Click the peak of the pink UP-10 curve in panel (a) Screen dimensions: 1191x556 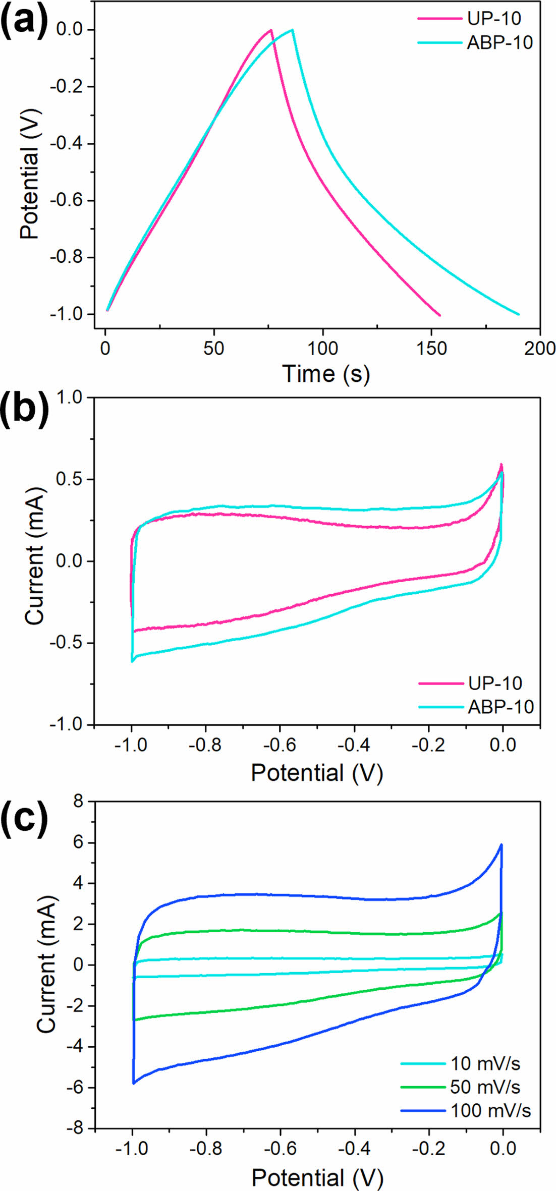tap(271, 30)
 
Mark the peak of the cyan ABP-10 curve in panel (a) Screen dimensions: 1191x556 tap(292, 30)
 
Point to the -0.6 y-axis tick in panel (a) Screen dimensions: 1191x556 tap(71, 201)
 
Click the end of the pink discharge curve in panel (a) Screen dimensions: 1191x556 tap(440, 315)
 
